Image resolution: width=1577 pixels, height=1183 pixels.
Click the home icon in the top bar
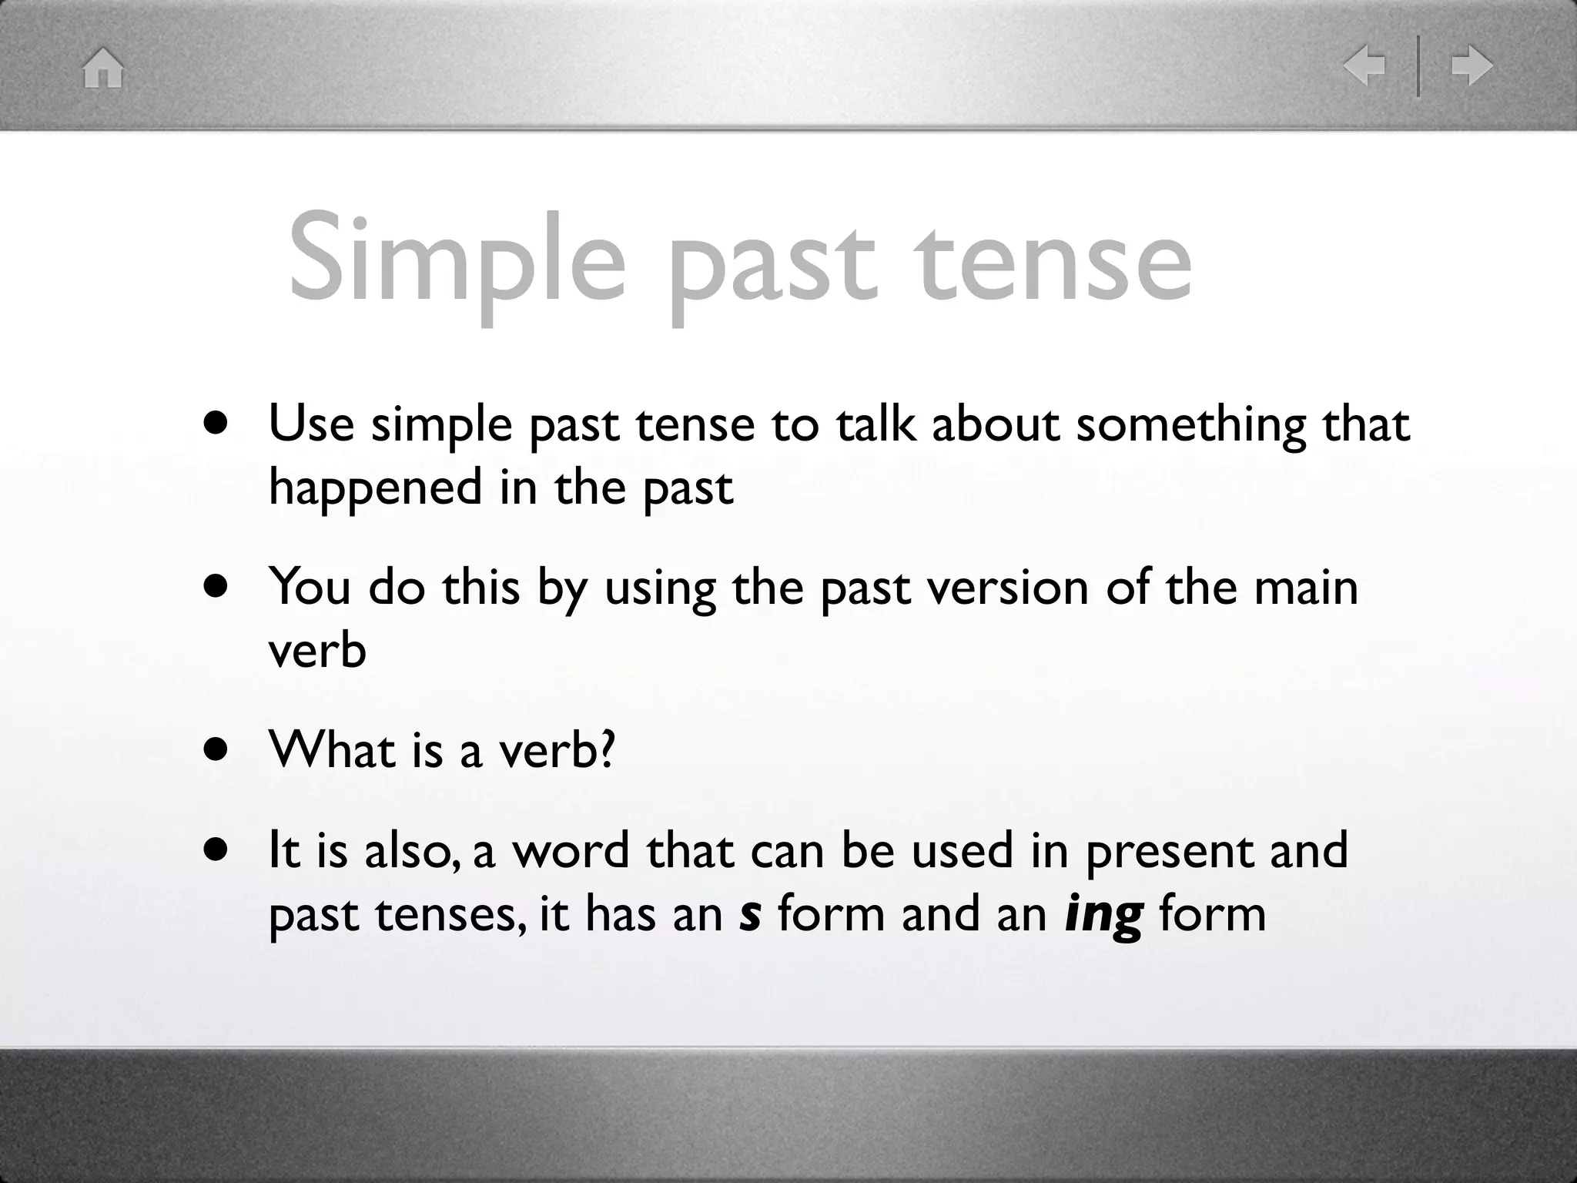(103, 68)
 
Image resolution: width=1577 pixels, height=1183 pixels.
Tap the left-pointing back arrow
(1364, 65)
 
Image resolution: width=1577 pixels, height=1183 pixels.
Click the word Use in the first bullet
(311, 424)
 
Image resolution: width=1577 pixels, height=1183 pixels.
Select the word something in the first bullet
(1190, 425)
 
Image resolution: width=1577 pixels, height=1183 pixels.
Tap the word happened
(376, 488)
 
